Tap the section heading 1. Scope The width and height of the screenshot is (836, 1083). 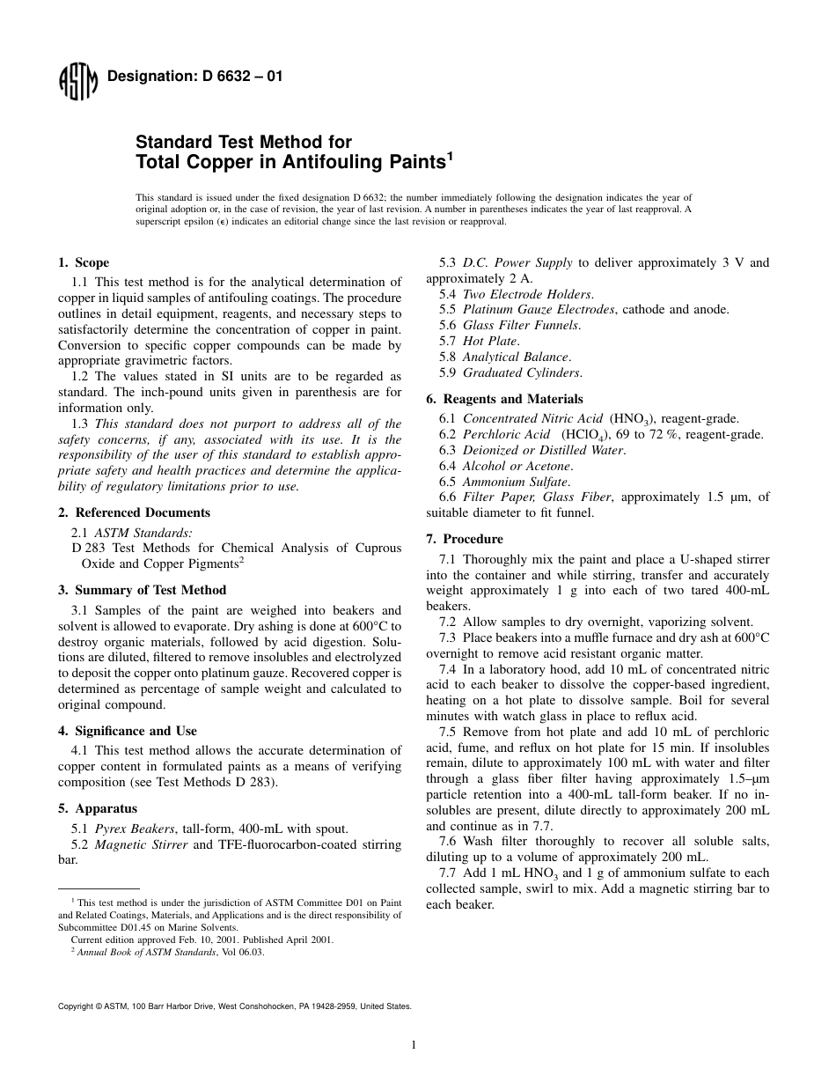click(84, 262)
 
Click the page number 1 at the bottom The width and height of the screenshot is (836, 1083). click(413, 1045)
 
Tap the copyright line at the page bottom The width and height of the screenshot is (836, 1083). click(234, 1005)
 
